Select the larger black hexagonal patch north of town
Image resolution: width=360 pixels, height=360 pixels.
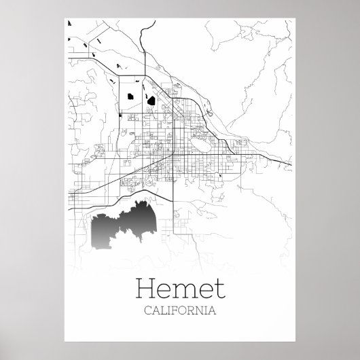(151, 101)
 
